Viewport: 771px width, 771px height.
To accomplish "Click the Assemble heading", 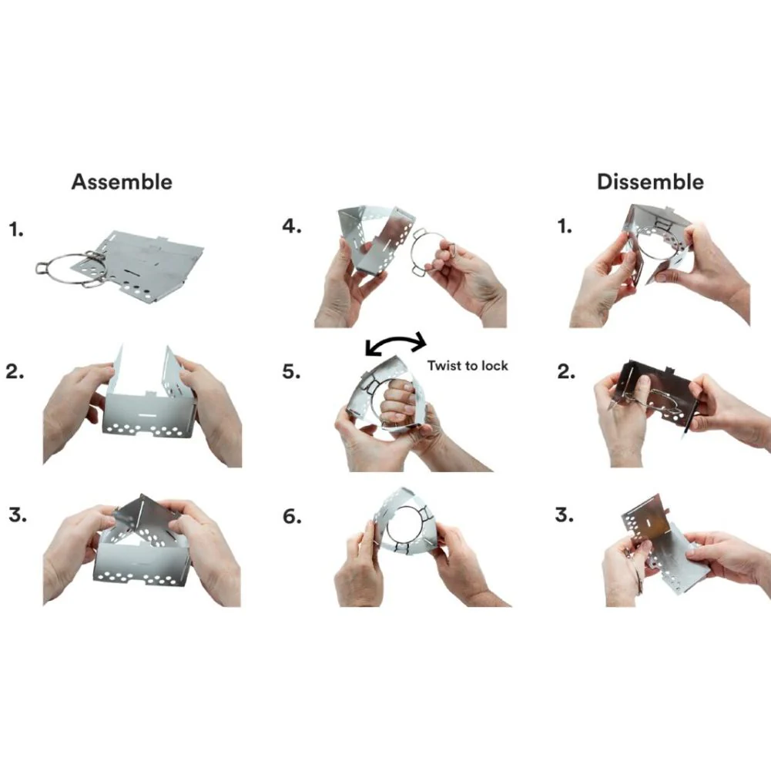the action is [122, 182].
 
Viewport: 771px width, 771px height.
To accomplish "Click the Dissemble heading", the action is [650, 182].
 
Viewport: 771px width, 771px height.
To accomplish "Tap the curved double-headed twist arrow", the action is [397, 342].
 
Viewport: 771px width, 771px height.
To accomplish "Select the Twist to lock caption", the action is [467, 366].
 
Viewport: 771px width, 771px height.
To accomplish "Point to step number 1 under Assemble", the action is [16, 229].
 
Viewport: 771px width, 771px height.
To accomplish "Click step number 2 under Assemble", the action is [15, 372].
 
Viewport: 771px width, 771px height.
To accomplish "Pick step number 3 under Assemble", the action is [18, 515].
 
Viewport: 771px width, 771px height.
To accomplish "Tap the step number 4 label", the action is [292, 226].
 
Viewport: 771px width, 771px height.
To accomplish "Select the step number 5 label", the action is [292, 371].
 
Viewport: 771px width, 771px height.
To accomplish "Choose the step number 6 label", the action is [292, 516].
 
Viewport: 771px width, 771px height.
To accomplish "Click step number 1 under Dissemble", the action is [565, 226].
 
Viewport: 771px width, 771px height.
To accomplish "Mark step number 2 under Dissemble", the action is [566, 372].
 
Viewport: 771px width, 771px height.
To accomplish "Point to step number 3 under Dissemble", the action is [564, 515].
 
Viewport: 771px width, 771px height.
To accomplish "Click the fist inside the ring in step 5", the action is [397, 402].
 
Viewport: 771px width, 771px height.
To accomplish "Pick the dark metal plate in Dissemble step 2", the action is [654, 388].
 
